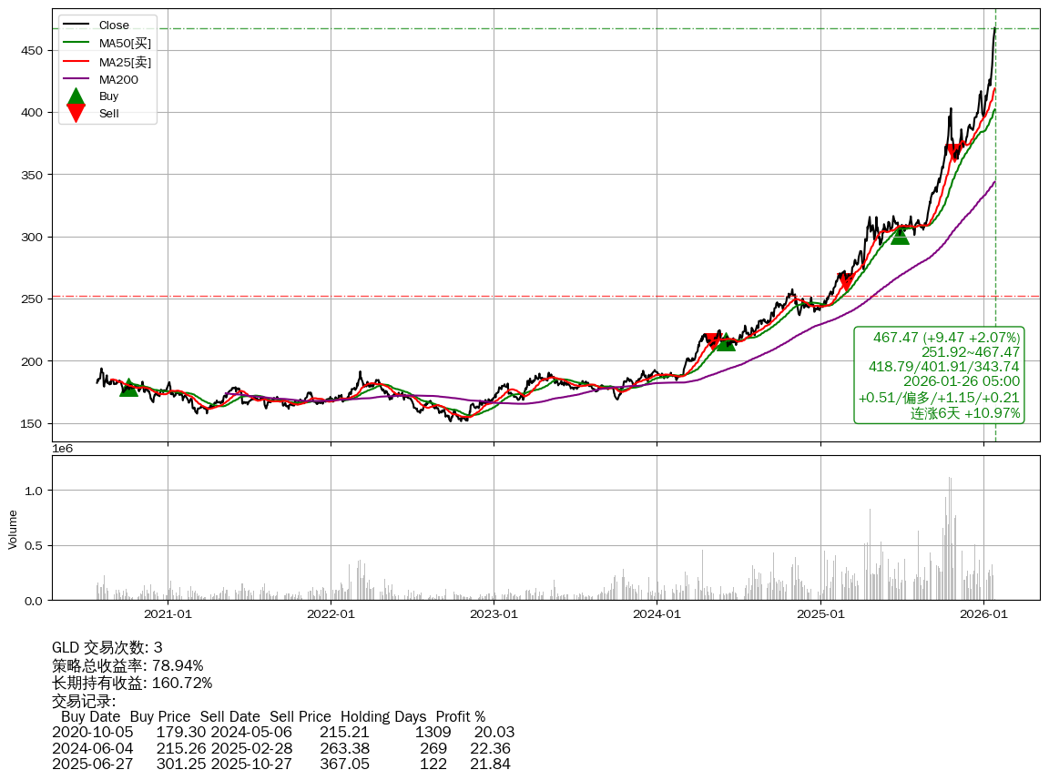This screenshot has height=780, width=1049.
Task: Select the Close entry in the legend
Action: pos(114,25)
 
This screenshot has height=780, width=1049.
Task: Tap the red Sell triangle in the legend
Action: pos(76,113)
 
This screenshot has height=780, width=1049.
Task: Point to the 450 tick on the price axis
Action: pos(33,50)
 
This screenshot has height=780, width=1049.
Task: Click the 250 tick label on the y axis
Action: pos(33,299)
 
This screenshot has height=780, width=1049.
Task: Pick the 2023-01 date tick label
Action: pos(494,614)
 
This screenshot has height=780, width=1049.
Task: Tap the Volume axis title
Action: pos(13,529)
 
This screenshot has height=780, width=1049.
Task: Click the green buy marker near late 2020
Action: pos(128,388)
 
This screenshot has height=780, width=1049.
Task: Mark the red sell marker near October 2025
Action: pos(954,152)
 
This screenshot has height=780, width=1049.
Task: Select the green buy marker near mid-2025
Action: pos(900,236)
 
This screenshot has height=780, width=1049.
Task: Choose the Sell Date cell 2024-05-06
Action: pos(250,732)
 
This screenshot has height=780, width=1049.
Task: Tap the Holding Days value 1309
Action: pos(433,732)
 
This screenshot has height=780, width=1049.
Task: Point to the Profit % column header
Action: pos(460,716)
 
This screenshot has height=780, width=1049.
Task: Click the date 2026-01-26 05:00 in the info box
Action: pos(961,381)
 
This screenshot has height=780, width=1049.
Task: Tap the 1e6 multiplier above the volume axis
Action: pos(63,449)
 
